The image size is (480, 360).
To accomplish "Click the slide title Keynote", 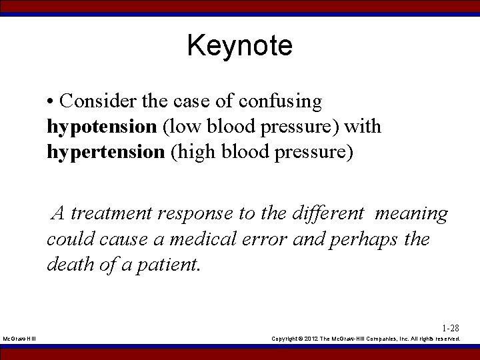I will (x=239, y=46).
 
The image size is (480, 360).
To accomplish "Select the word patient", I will (x=167, y=264).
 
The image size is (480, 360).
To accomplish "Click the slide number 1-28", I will (x=451, y=328).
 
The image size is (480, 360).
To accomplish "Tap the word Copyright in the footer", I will (x=286, y=339).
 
